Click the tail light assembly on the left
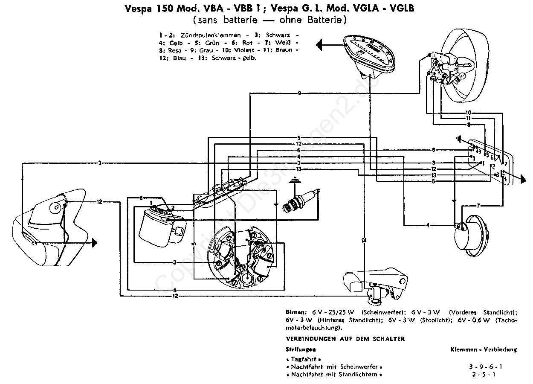47,226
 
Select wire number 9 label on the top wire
299,93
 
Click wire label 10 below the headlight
468,113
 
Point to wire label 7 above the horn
478,206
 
